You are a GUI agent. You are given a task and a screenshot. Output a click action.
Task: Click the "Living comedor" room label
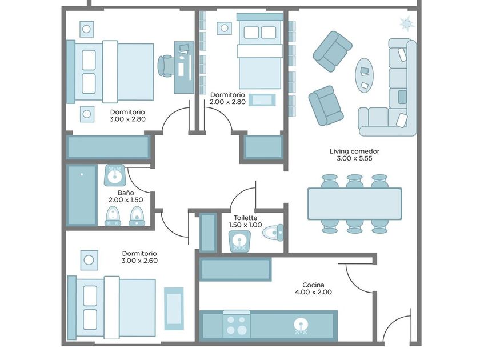click(354, 151)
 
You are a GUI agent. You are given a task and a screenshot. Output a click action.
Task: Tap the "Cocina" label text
click(313, 285)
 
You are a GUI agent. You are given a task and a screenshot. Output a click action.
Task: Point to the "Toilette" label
click(246, 218)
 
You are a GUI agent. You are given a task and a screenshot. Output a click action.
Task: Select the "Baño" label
click(126, 193)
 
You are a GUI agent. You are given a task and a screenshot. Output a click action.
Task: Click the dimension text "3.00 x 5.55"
click(354, 159)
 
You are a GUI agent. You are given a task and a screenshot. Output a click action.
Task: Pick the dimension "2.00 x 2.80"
click(228, 102)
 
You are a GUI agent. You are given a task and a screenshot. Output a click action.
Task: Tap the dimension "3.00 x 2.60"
click(139, 261)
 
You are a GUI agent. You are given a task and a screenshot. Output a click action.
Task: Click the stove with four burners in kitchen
click(237, 325)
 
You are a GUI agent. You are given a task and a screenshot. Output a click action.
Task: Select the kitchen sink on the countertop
click(301, 326)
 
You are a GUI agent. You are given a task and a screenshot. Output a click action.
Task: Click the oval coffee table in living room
click(365, 75)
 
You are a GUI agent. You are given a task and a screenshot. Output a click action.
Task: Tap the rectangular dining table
click(355, 204)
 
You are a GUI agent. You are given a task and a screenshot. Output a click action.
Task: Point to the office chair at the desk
click(166, 66)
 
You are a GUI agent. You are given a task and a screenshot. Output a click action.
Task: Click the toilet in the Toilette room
click(273, 233)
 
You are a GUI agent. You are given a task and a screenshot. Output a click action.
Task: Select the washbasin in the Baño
click(114, 175)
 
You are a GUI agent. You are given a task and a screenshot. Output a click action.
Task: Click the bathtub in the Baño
click(82, 195)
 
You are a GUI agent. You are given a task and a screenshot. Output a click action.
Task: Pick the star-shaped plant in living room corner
click(407, 23)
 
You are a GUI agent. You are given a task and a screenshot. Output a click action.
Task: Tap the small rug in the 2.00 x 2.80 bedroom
click(262, 100)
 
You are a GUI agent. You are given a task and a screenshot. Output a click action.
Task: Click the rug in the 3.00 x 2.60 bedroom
click(174, 309)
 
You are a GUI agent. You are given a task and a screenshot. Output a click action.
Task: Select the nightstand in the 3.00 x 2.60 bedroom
click(89, 260)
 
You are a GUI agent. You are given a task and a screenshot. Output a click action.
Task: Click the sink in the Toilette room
click(239, 241)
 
